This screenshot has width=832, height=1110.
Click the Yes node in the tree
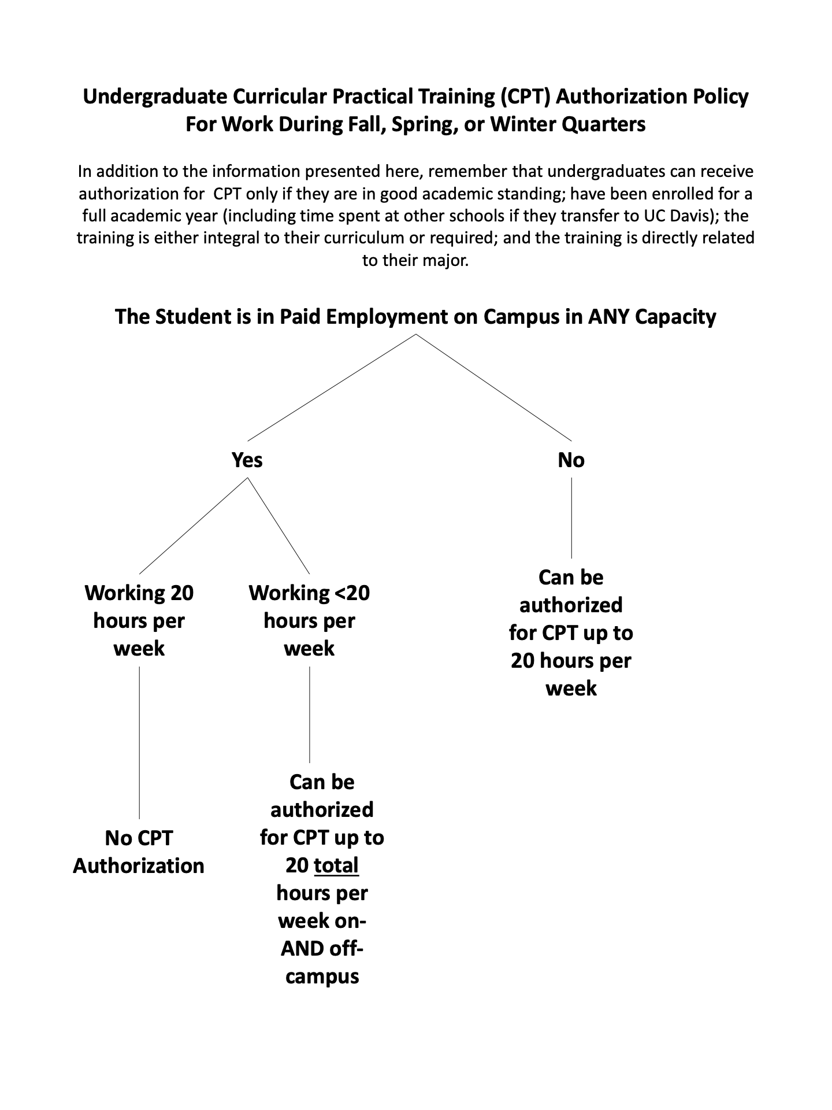(247, 460)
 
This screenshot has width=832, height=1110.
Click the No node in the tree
(571, 460)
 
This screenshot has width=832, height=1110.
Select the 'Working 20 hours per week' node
(139, 620)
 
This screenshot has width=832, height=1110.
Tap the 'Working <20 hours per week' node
(309, 620)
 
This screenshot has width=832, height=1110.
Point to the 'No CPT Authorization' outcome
(139, 852)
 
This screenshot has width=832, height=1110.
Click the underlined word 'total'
(336, 865)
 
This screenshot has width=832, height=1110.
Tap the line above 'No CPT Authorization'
(139, 743)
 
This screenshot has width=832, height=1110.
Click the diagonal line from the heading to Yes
(332, 387)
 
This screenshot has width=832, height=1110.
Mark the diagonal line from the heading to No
(494, 387)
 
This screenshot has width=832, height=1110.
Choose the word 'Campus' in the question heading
(517, 317)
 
